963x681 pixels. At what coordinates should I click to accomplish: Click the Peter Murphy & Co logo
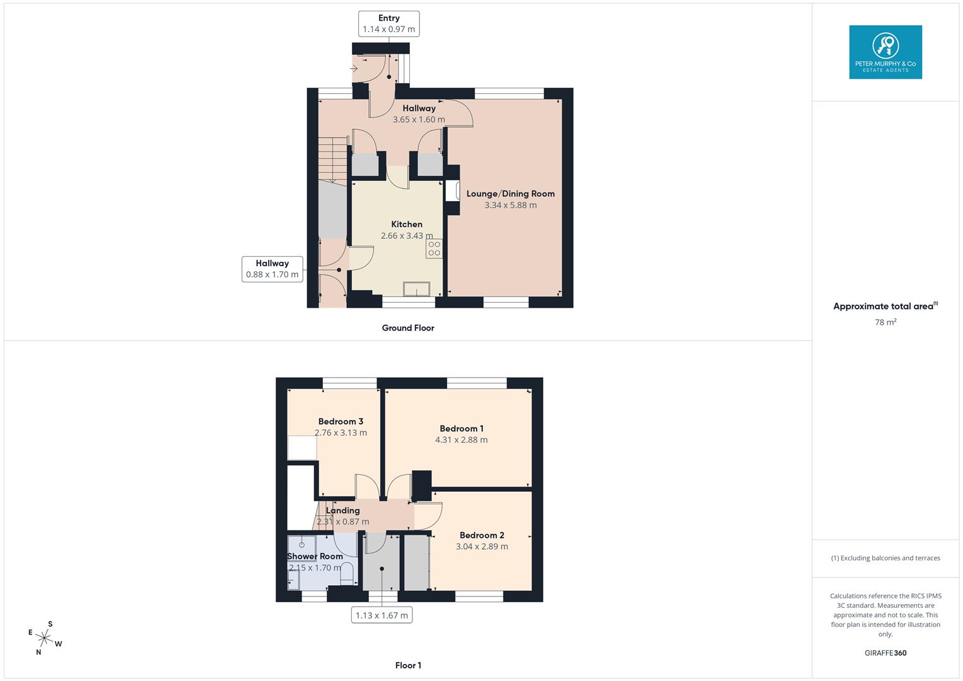pyautogui.click(x=885, y=52)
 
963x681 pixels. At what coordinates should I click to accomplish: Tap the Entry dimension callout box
pyautogui.click(x=388, y=24)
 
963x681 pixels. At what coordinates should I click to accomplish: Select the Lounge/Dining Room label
pyautogui.click(x=510, y=194)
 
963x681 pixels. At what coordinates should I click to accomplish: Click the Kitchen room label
pyautogui.click(x=407, y=224)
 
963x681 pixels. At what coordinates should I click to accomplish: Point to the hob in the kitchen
pyautogui.click(x=434, y=248)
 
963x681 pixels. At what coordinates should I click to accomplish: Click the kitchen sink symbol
pyautogui.click(x=417, y=289)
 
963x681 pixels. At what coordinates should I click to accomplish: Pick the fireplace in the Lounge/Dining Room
pyautogui.click(x=452, y=190)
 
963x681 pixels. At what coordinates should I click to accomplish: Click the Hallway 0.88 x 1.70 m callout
pyautogui.click(x=272, y=269)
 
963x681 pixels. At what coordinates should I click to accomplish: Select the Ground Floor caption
pyautogui.click(x=408, y=328)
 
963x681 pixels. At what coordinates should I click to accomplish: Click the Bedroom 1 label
pyautogui.click(x=462, y=429)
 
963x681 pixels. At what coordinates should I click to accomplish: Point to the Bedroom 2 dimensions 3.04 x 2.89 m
pyautogui.click(x=482, y=547)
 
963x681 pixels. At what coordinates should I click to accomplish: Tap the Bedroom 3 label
pyautogui.click(x=341, y=421)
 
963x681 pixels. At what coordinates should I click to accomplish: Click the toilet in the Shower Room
pyautogui.click(x=347, y=573)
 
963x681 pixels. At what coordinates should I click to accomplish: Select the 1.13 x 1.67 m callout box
pyautogui.click(x=382, y=615)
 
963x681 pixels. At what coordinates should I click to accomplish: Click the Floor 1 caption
pyautogui.click(x=408, y=665)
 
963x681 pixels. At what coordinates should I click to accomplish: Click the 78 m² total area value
pyautogui.click(x=885, y=322)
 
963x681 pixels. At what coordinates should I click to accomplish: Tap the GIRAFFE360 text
pyautogui.click(x=885, y=653)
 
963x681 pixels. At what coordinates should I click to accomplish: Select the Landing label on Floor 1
pyautogui.click(x=343, y=511)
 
